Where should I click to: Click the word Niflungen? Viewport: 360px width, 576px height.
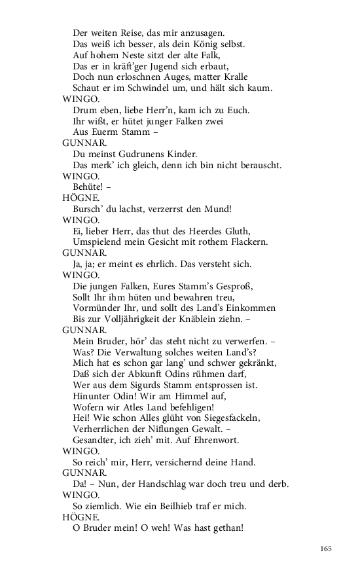pos(175,430)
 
